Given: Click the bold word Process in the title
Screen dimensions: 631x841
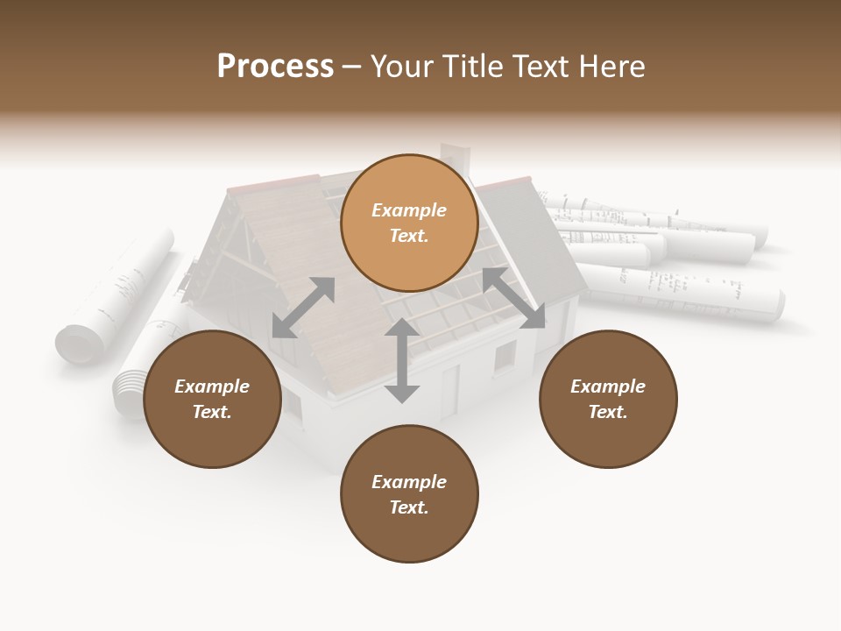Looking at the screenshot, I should [275, 67].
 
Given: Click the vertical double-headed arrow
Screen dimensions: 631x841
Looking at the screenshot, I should [402, 360].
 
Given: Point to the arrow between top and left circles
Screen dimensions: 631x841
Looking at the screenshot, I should [303, 308].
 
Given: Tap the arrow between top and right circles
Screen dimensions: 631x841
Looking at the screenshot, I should [513, 298].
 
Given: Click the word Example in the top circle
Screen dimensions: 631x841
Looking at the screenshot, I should [409, 210].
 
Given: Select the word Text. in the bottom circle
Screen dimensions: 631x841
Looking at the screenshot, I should [409, 507].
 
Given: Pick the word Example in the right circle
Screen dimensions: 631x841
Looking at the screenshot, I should [608, 386].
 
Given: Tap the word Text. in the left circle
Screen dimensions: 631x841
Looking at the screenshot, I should [212, 412].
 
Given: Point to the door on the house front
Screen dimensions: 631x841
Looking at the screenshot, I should [449, 391].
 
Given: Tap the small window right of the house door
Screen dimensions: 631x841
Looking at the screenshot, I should [505, 357].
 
